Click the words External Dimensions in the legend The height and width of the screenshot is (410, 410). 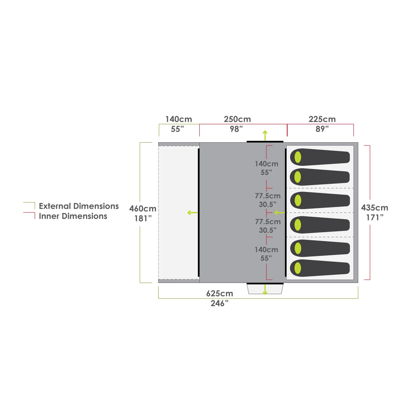point(79,206)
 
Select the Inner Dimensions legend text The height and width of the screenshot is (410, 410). point(73,216)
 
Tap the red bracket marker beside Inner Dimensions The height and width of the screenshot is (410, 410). point(30,215)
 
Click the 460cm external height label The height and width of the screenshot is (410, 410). point(143,209)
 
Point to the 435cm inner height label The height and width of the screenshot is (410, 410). point(374,208)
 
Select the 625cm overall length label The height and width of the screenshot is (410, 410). point(219,294)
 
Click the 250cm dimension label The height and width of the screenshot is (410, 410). point(237,119)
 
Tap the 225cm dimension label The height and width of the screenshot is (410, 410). point(322,119)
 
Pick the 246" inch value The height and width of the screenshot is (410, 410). point(219,303)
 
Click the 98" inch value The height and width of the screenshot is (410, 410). point(236,129)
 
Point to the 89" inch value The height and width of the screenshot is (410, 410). point(322,129)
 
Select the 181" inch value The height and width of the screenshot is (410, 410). point(143,218)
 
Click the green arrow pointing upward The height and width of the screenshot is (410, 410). point(265,135)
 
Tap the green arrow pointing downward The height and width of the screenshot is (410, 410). point(265,290)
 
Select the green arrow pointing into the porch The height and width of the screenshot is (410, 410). point(192,212)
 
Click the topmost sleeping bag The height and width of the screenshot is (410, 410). point(320,157)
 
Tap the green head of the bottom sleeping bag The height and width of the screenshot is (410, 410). point(298,268)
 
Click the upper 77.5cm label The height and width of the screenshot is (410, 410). point(268,196)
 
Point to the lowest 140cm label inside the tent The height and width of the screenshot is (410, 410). point(266,250)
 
